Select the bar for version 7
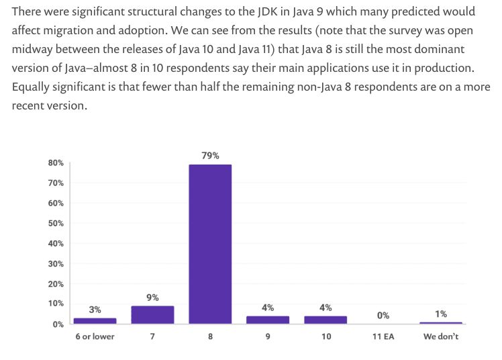152,315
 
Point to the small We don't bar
441,323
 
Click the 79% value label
210,155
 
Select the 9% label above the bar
152,297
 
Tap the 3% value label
95,310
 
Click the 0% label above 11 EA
383,315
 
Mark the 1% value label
441,314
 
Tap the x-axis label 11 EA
383,336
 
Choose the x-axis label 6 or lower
95,336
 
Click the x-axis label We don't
441,336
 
